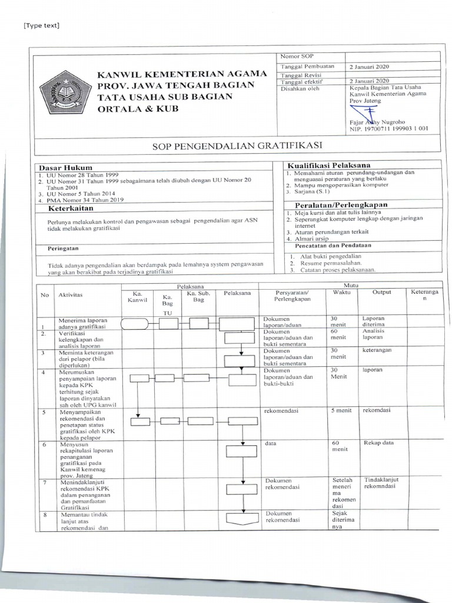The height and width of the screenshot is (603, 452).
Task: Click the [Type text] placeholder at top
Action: click(x=42, y=25)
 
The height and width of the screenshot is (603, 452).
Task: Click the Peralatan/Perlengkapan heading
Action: click(x=329, y=204)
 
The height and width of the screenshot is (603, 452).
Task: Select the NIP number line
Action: click(x=388, y=128)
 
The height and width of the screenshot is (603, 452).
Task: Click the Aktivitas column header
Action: click(x=71, y=294)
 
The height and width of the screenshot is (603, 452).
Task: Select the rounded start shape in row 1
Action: click(x=135, y=323)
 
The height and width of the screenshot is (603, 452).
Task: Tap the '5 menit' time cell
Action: click(x=341, y=410)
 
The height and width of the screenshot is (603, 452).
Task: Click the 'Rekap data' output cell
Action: click(x=378, y=443)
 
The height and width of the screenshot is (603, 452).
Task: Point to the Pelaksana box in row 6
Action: click(x=237, y=451)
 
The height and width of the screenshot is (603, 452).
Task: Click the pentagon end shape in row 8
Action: click(x=237, y=520)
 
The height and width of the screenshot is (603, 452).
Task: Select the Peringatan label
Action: click(x=64, y=249)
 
